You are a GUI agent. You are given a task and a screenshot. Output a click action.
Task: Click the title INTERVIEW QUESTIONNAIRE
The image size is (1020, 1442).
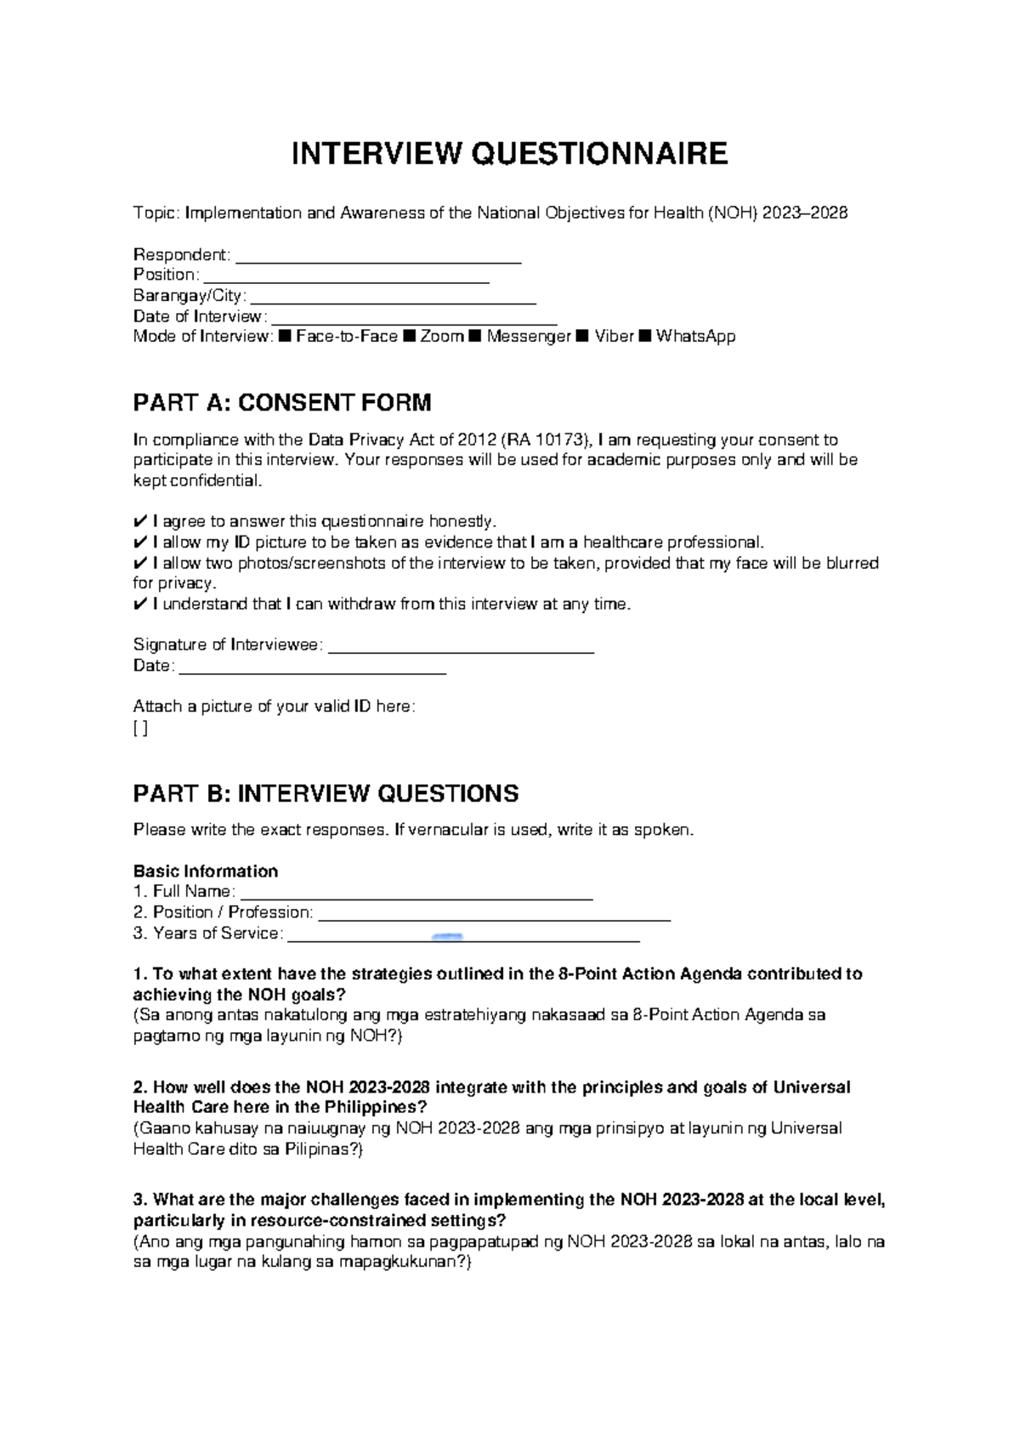pos(510,154)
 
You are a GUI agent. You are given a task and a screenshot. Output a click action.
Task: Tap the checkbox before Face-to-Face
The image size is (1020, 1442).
pos(285,337)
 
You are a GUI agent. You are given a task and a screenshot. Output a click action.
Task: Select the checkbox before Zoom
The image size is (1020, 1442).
pos(409,337)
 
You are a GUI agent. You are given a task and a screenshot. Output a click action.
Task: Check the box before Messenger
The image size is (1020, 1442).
pos(474,337)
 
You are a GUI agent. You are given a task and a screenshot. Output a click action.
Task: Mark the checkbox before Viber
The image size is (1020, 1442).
pos(582,337)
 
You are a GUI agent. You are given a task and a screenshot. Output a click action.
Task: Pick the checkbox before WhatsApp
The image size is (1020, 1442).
pos(645,337)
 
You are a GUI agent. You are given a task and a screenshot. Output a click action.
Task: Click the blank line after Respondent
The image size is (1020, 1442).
pos(377,260)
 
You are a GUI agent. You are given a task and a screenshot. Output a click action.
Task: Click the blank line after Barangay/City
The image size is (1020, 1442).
pos(394,301)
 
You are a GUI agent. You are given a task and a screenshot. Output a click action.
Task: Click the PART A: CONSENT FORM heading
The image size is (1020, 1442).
pos(282,402)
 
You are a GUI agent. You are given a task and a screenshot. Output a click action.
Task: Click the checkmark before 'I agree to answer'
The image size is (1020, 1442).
pos(140,522)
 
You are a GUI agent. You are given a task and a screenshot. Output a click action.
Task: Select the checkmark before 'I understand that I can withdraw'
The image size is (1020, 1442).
pos(140,605)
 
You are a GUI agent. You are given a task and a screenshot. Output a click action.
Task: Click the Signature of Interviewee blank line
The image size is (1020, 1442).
pos(460,650)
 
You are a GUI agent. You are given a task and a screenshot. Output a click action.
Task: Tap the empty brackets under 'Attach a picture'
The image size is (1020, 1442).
pos(140,728)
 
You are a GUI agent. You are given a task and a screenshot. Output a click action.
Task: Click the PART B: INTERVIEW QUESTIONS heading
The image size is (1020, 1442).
pos(326,794)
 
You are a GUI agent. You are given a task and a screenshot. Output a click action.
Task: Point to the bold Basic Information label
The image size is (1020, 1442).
pos(206,871)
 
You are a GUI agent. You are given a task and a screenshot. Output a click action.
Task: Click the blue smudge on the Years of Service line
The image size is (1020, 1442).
pos(447,936)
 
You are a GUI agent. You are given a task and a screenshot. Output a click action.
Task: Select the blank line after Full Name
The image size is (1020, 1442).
pos(416,896)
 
